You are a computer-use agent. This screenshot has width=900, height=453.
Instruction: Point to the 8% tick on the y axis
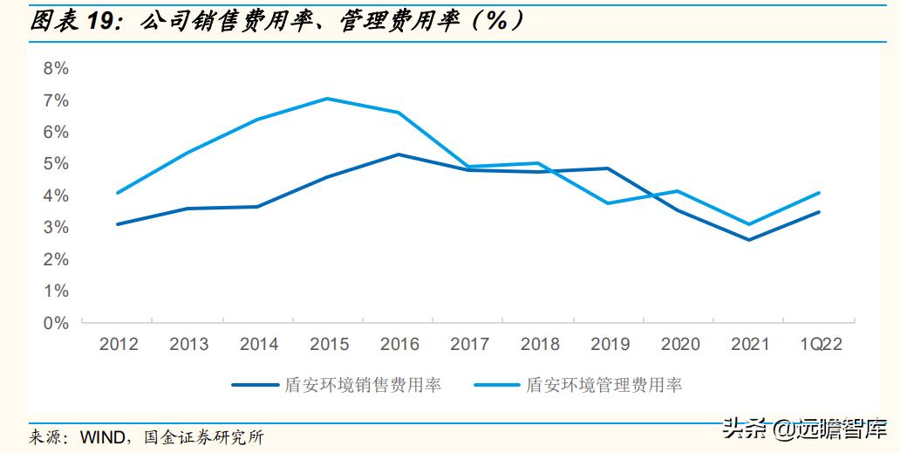55,69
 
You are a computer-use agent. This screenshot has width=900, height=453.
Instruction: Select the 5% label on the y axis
55,164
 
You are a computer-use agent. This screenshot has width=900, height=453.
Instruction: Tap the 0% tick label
55,323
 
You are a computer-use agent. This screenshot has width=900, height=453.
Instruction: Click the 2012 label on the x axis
119,345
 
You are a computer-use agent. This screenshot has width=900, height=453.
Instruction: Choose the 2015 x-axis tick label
329,345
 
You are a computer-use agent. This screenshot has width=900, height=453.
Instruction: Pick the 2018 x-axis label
540,345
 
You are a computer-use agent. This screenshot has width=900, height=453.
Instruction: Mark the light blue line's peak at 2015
327,99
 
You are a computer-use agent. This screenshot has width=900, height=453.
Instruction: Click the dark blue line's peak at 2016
398,154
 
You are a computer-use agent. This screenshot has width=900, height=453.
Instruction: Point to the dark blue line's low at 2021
748,240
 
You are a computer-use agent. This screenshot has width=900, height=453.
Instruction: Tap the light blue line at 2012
118,193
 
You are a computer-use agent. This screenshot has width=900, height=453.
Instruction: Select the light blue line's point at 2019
608,203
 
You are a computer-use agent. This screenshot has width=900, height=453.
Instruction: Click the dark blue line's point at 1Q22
818,212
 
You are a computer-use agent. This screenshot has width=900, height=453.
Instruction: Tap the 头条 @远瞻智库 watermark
802,429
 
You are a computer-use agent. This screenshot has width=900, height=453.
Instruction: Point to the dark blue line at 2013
187,209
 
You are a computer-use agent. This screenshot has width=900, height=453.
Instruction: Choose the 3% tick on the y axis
55,228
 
